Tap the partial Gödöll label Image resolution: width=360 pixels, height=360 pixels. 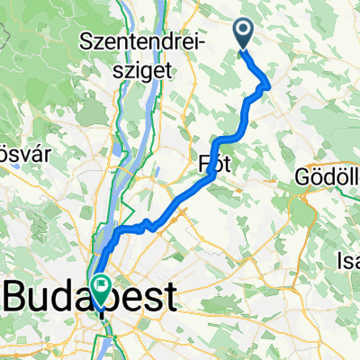pos(327,178)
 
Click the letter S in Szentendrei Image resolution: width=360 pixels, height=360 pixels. pos(87,40)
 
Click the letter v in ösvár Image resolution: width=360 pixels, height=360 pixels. pos(17,147)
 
